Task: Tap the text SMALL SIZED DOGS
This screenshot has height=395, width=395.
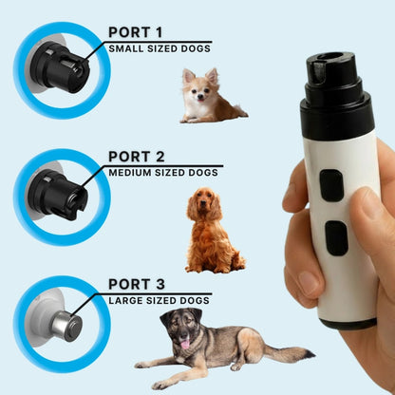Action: click(159, 47)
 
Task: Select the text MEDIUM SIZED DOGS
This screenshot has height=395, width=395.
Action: click(164, 173)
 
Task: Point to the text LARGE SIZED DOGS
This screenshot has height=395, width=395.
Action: click(159, 300)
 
